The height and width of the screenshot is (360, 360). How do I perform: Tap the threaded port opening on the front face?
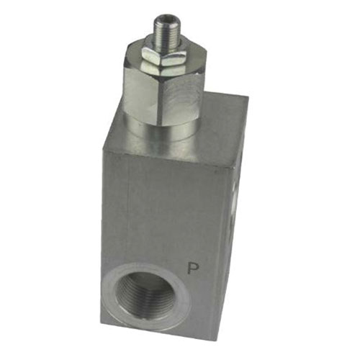tap(145, 296)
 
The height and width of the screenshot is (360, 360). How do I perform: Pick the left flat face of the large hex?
tap(141, 92)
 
